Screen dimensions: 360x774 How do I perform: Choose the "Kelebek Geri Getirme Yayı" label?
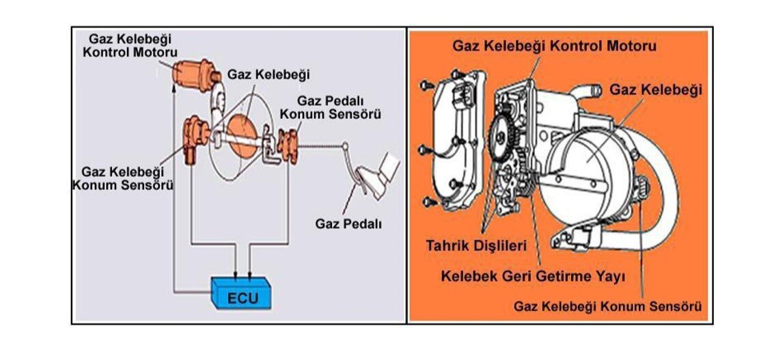[x=533, y=277]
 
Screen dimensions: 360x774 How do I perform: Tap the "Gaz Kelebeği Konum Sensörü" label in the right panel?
[x=607, y=306]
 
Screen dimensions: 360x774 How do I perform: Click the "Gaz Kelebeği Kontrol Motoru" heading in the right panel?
[x=554, y=46]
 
